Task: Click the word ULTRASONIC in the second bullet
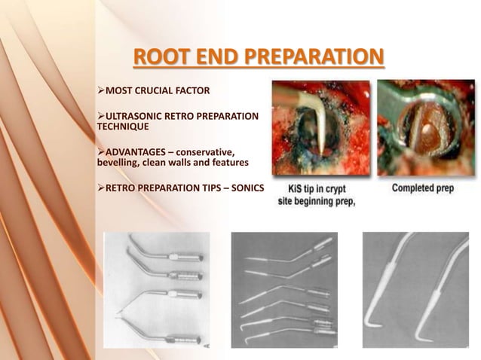tap(138, 116)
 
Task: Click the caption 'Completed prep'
tap(423, 188)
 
